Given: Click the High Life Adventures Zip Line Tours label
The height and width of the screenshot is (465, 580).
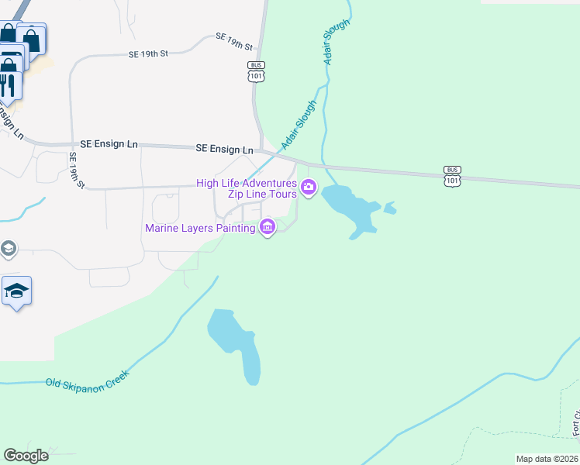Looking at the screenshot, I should tap(247, 188).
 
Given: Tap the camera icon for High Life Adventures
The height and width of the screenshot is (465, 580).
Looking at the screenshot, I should tap(309, 187).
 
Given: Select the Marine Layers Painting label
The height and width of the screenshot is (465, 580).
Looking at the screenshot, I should tap(200, 228).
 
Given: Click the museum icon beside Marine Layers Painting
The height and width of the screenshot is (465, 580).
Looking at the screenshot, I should tap(268, 227).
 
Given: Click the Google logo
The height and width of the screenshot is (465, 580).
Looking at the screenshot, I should tap(26, 456).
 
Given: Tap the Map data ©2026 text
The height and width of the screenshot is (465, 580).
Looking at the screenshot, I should tap(547, 459).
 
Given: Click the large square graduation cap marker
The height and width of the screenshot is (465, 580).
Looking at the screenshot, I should tap(16, 291).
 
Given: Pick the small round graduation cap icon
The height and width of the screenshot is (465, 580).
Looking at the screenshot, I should tap(8, 249).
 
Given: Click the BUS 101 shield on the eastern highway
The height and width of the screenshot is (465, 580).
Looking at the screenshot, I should tap(452, 175).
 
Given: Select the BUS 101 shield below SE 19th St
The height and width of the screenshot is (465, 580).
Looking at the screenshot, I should tap(257, 71).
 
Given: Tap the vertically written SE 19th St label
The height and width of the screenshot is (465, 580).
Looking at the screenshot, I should tap(76, 170).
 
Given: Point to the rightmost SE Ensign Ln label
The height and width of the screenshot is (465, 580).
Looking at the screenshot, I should tap(224, 149).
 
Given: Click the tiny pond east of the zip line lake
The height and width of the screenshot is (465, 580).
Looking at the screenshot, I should tap(389, 208).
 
